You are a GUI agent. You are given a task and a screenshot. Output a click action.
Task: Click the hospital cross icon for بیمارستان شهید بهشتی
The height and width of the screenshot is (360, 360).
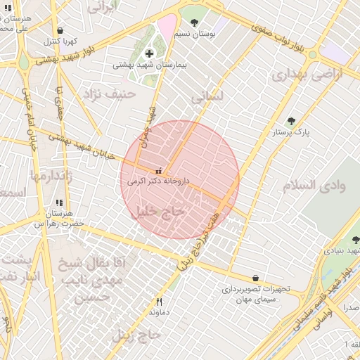(x=149, y=53)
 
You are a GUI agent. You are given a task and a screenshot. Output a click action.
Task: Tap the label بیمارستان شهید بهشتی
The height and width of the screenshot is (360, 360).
(x=149, y=65)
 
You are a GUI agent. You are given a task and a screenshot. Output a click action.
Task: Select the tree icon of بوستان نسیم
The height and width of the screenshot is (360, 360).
(x=194, y=22)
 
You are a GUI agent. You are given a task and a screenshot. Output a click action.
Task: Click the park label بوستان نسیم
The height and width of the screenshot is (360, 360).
(x=195, y=34)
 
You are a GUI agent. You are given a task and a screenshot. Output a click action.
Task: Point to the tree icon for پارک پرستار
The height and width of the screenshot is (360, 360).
(x=292, y=121)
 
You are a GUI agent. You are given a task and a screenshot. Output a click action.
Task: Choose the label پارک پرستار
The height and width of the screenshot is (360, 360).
(x=292, y=131)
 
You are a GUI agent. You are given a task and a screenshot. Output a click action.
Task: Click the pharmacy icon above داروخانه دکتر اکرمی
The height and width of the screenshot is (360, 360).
(x=157, y=170)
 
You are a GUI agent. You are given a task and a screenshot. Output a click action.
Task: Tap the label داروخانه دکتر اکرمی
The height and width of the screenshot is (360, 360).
(x=158, y=181)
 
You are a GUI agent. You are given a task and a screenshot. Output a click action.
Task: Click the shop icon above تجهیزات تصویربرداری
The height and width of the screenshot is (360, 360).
(x=255, y=278)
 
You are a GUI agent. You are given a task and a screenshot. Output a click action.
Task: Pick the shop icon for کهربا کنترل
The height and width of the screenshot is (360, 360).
(x=60, y=31)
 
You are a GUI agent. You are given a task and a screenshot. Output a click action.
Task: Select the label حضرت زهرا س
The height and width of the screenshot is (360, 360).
(x=59, y=223)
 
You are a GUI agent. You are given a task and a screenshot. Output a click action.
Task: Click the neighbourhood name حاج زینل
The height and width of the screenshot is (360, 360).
(x=136, y=335)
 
